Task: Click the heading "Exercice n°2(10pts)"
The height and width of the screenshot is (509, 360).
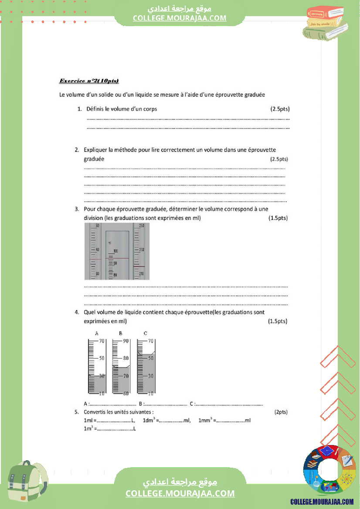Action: point(89,81)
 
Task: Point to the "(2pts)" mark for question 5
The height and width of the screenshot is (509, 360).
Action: point(281,411)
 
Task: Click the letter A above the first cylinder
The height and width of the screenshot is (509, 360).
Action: point(96,333)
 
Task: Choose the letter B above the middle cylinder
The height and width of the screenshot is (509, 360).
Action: point(121,333)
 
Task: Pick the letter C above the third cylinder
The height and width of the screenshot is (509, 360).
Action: point(145,333)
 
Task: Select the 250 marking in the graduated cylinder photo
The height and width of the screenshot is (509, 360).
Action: point(141,226)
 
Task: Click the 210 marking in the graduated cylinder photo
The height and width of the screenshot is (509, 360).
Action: point(141,273)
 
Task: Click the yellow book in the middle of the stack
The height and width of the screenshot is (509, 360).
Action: point(323,22)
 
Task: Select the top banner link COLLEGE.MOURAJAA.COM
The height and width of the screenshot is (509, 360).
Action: point(180,18)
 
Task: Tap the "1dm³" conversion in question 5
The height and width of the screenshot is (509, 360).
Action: point(149,420)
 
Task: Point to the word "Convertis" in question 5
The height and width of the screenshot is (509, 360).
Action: point(95,411)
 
